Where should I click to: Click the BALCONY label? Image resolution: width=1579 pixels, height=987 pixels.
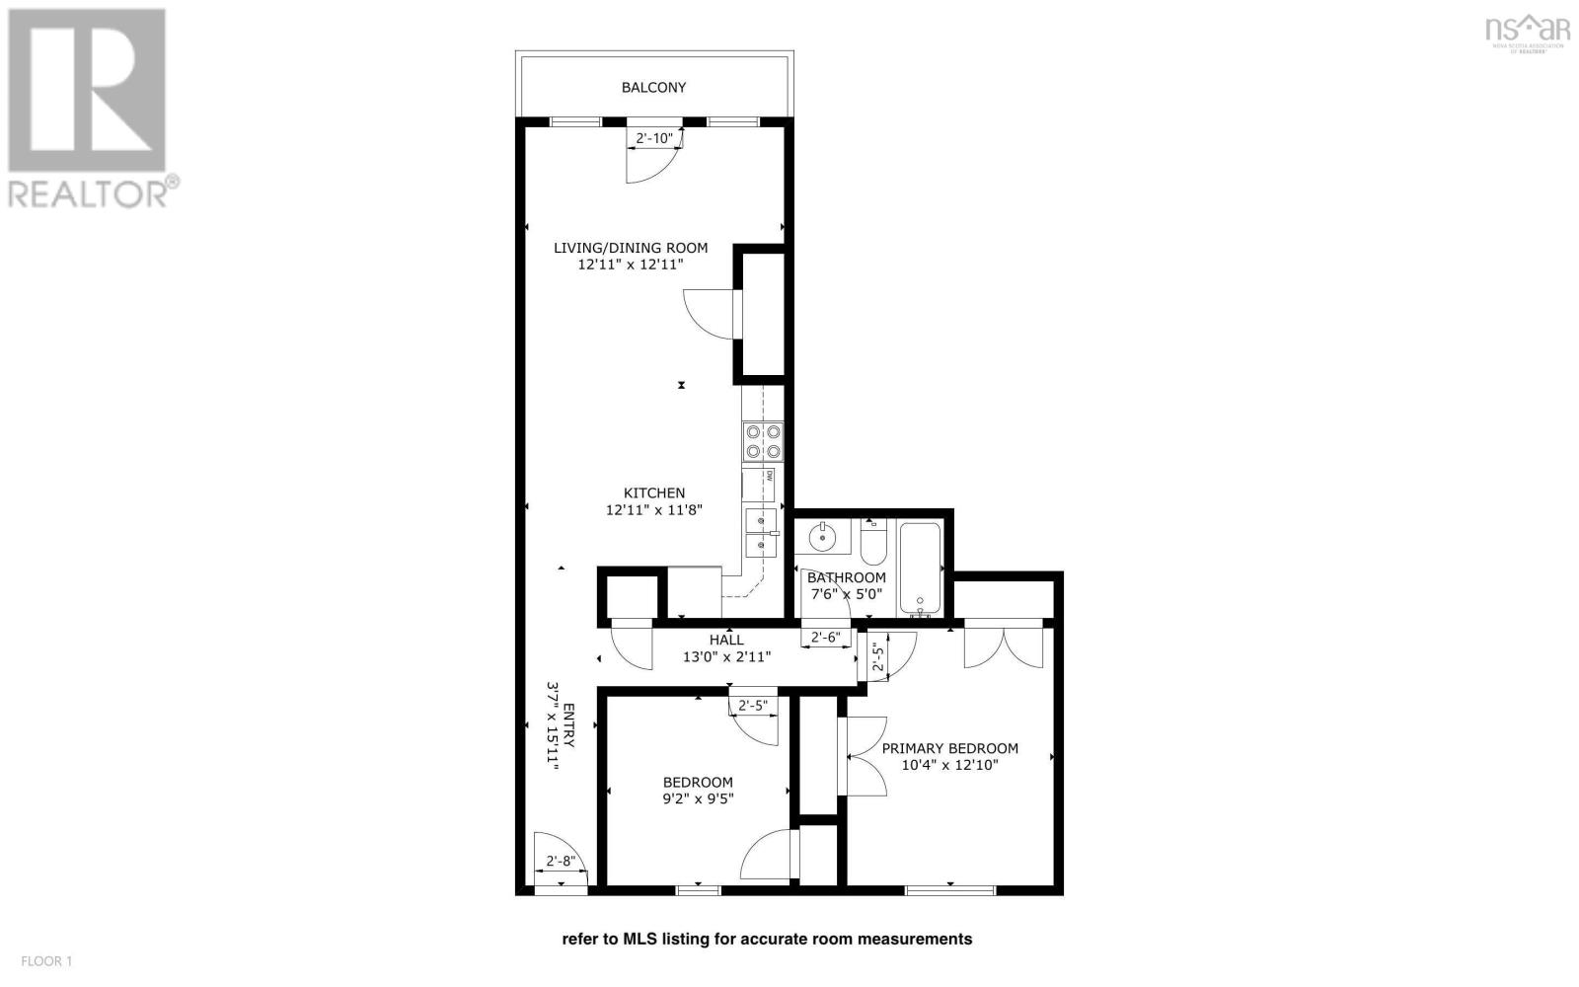coord(653,88)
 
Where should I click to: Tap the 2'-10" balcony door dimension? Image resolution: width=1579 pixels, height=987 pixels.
coord(654,139)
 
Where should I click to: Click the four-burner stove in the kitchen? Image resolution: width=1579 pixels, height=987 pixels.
coord(763,441)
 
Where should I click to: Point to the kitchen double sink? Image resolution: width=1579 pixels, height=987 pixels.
coord(761,532)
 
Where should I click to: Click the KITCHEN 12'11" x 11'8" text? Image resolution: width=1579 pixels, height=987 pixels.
coord(654,501)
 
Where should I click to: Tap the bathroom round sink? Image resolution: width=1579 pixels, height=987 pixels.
coord(822,538)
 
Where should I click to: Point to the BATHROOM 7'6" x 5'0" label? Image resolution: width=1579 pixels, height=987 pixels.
coord(847,586)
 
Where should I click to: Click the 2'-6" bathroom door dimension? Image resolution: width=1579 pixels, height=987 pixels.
coord(825,638)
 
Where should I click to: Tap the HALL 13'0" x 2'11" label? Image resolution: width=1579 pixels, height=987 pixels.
coord(726,648)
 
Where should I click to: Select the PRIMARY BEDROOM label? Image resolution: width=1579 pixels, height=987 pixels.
coord(949,756)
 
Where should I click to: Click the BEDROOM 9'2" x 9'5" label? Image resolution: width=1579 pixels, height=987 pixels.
coord(698,791)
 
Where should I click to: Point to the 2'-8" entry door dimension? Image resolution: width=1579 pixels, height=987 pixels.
coord(561,862)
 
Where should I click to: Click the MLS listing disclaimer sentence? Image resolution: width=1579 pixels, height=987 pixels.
coord(767,940)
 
